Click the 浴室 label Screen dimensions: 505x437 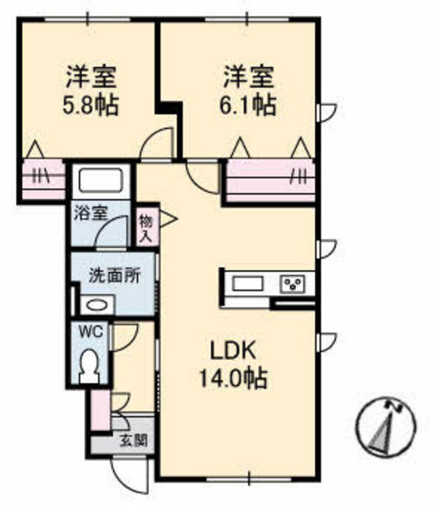pos(91,214)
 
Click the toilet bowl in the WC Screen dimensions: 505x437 pos(89,366)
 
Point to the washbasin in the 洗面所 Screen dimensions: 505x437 pos(94,305)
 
